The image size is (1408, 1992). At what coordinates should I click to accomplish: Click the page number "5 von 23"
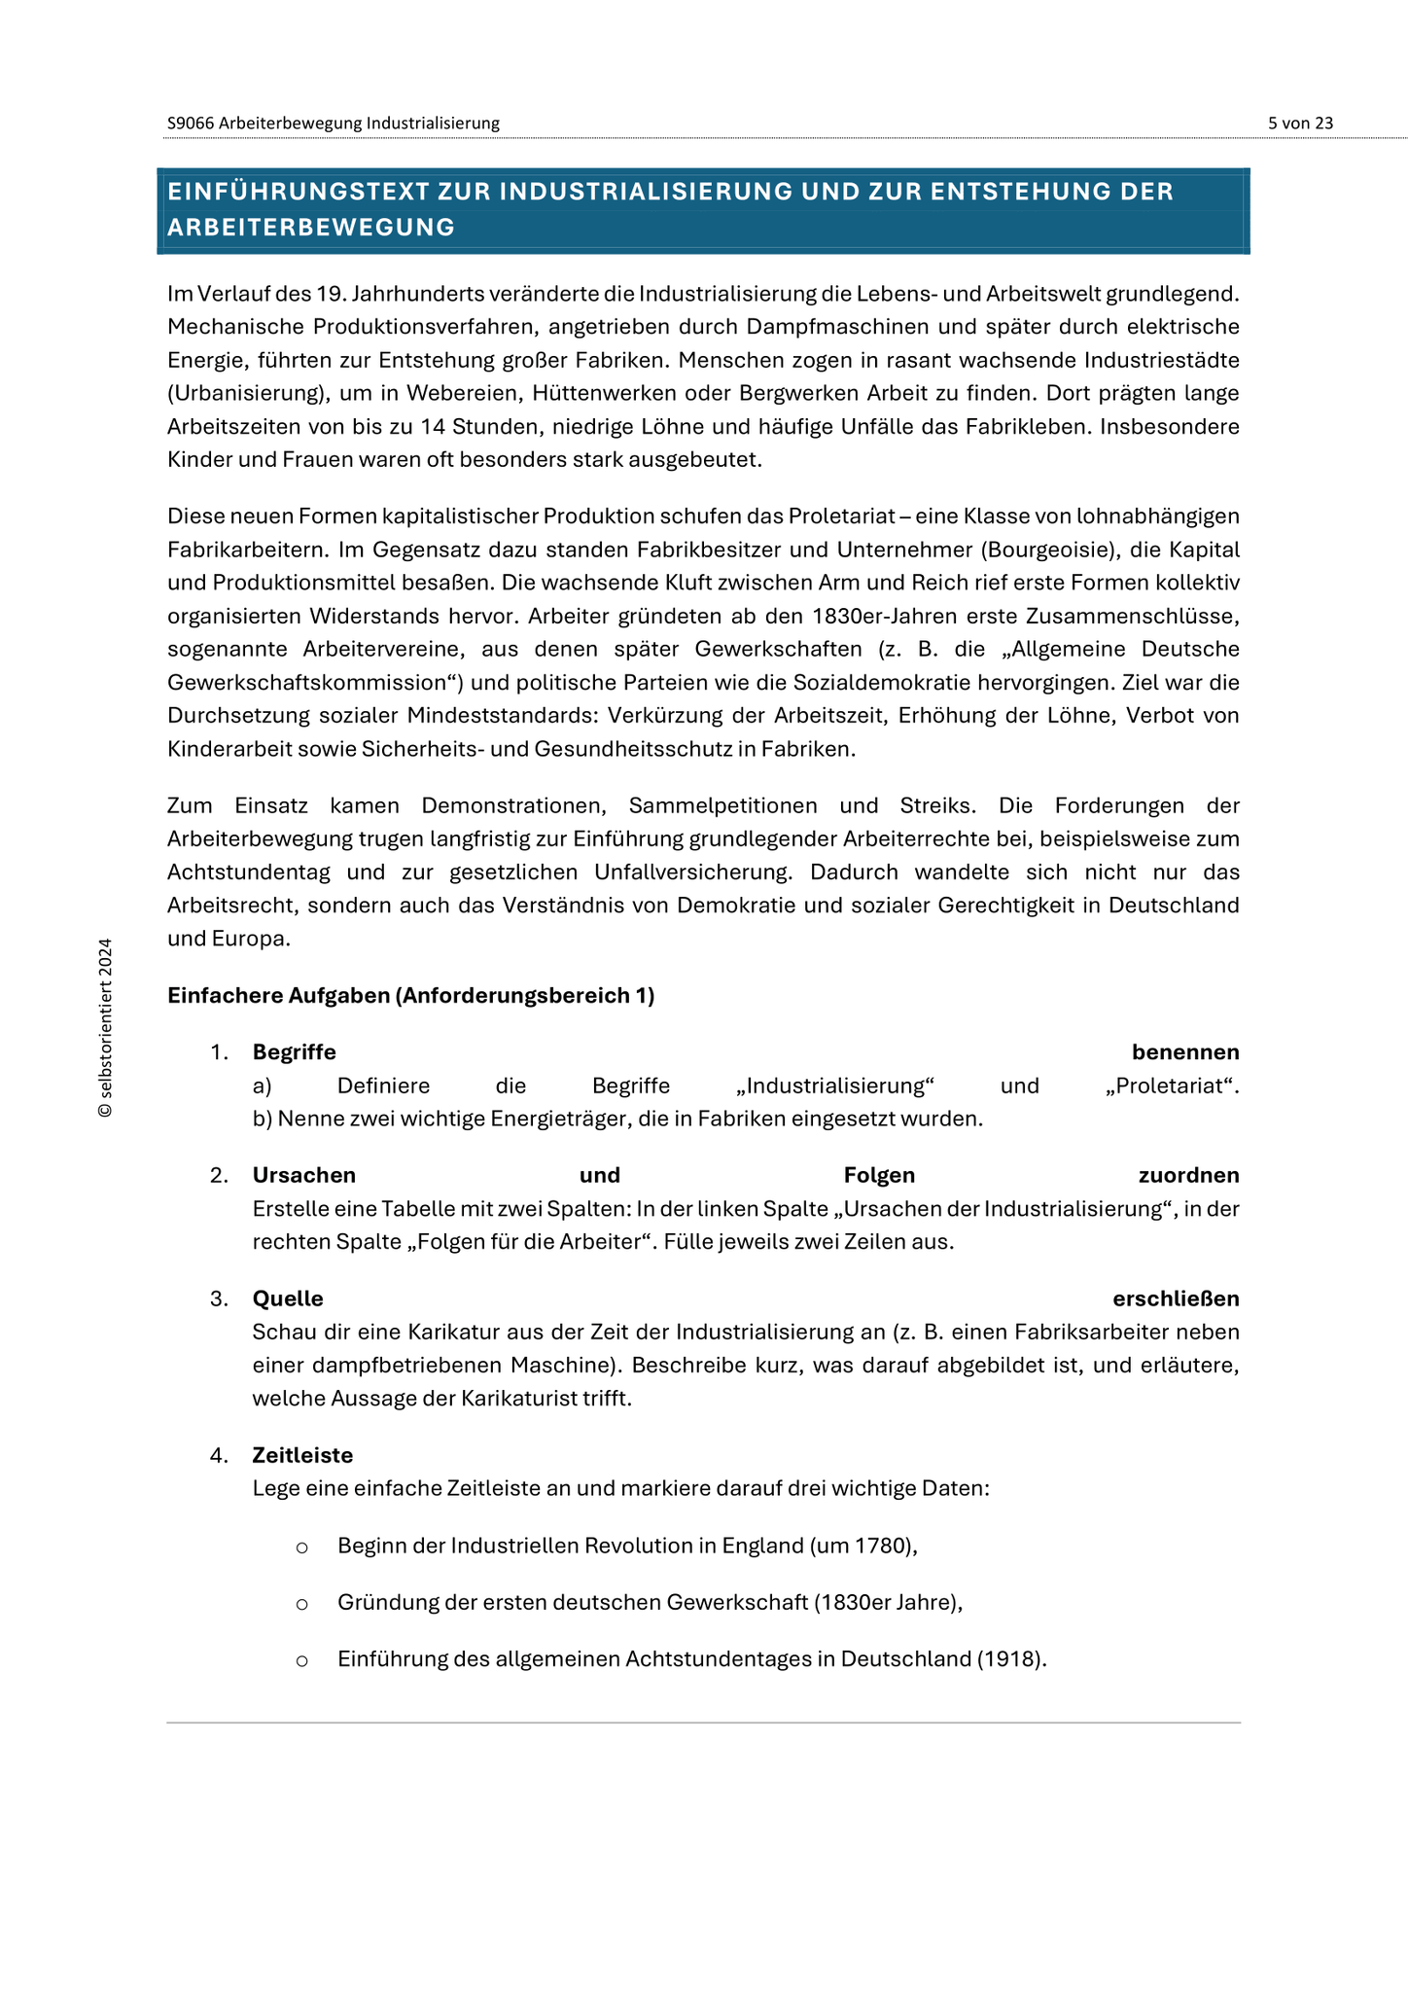1300,124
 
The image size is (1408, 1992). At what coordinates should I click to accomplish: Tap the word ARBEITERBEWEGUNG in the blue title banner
311,228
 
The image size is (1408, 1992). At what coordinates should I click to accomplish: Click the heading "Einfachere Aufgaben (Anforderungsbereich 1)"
410,996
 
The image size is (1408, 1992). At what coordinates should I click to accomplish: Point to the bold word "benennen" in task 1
1184,1052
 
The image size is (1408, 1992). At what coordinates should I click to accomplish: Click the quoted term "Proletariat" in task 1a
1172,1085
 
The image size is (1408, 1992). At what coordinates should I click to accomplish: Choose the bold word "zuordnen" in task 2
1188,1176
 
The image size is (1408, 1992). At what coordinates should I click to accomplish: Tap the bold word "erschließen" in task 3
1176,1299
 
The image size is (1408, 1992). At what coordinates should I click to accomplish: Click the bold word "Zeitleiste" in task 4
302,1456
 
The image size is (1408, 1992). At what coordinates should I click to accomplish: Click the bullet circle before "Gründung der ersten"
301,1604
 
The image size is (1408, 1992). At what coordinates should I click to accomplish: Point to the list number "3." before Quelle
219,1299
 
